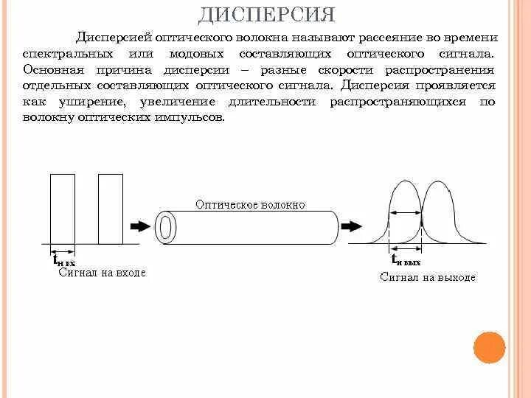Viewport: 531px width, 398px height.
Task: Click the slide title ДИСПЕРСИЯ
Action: tap(266, 14)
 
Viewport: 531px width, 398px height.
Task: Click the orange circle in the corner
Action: tap(489, 347)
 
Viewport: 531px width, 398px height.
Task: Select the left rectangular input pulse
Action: tap(62, 209)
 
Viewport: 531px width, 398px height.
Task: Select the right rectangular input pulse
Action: tap(110, 209)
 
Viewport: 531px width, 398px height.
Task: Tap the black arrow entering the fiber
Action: tap(139, 226)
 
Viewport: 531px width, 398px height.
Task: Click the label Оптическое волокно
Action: tap(250, 205)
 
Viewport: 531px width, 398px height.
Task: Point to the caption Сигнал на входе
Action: tap(102, 273)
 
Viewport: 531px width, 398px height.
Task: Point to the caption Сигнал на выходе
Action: tap(428, 277)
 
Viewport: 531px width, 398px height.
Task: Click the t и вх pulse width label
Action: tap(63, 260)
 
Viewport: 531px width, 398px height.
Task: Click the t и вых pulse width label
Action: tap(406, 260)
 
